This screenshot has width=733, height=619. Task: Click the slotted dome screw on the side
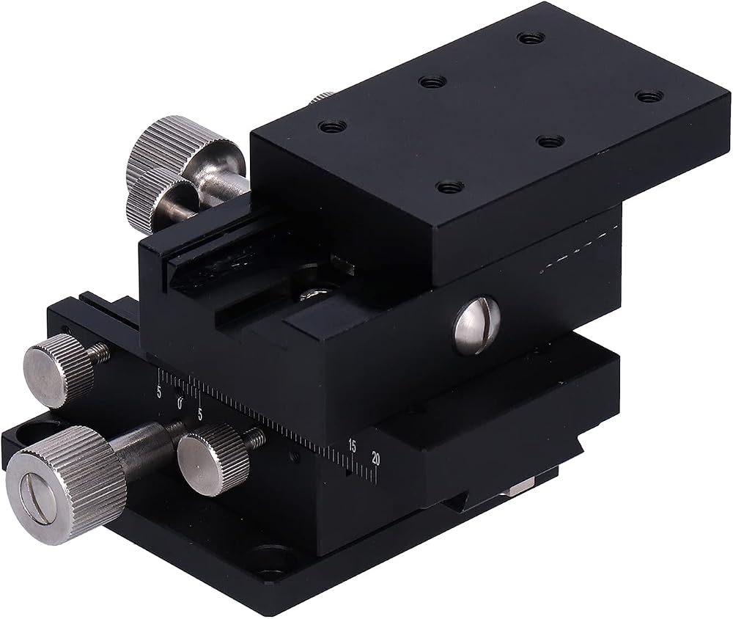477,324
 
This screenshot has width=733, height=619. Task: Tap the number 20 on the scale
375,458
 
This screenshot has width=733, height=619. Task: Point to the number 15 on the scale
352,447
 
